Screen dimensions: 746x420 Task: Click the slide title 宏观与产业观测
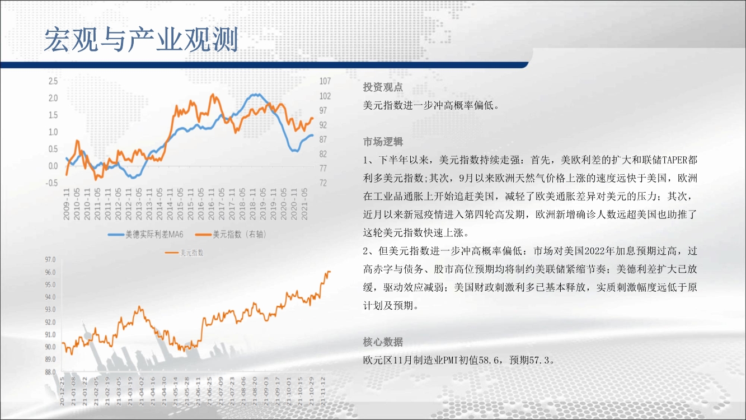(141, 40)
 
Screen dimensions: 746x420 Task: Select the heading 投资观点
(383, 87)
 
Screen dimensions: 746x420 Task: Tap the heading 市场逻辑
(383, 142)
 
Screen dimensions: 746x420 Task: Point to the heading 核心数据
(383, 342)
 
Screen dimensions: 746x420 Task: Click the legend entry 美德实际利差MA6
(146, 235)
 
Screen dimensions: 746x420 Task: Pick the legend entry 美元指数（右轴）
(231, 235)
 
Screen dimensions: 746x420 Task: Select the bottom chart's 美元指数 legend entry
(184, 253)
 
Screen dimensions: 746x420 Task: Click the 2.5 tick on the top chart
(53, 81)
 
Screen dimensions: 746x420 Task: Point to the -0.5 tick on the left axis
(51, 183)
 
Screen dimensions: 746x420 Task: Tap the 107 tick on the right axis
(325, 81)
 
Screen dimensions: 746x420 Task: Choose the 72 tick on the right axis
(323, 183)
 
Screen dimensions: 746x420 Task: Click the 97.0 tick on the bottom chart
(50, 260)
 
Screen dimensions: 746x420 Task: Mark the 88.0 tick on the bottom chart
(50, 372)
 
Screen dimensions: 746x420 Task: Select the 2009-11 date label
(66, 204)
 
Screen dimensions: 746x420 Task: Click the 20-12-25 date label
(62, 391)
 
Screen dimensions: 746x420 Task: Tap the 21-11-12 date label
(323, 391)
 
